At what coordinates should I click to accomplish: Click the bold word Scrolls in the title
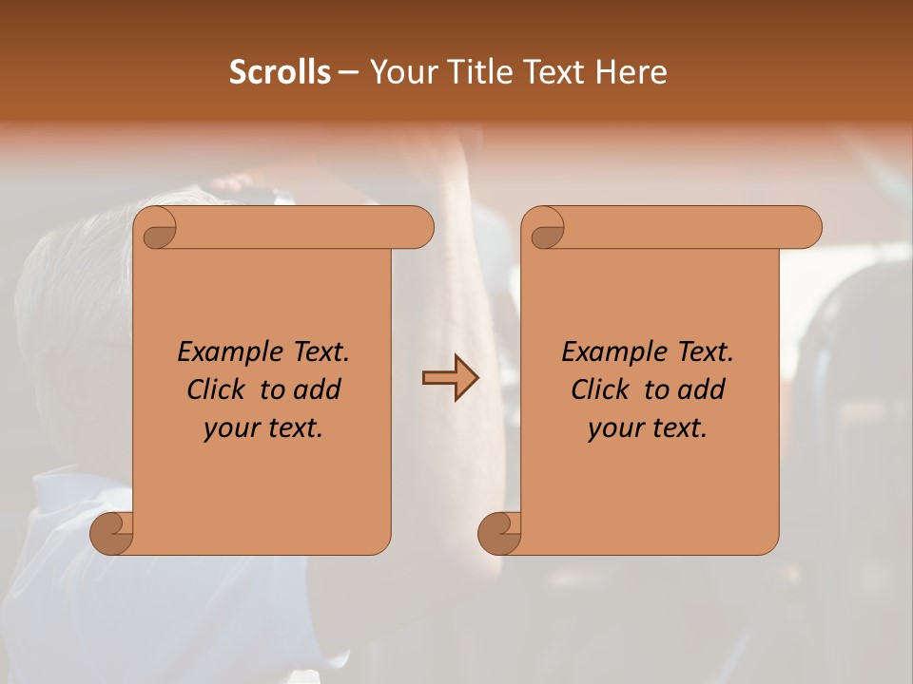(x=280, y=72)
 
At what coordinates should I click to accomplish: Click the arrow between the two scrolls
(x=450, y=378)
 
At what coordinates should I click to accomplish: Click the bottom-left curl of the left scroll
(x=111, y=533)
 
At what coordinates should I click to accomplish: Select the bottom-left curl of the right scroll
(x=499, y=533)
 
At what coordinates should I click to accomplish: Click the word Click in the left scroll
(x=217, y=389)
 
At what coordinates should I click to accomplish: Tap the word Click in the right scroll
(x=601, y=389)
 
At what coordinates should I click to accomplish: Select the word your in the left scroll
(x=229, y=428)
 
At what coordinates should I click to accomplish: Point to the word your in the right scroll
(x=613, y=428)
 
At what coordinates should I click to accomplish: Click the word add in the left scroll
(x=318, y=389)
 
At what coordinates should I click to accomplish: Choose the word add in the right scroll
(x=702, y=389)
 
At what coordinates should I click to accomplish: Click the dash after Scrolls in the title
(x=348, y=73)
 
